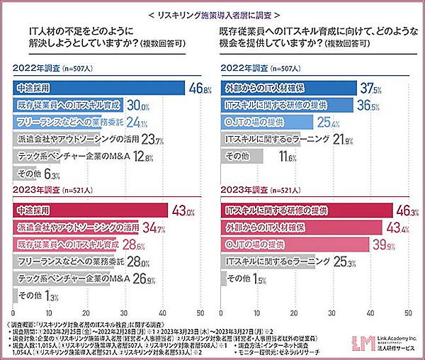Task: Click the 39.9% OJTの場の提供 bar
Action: point(294,244)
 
